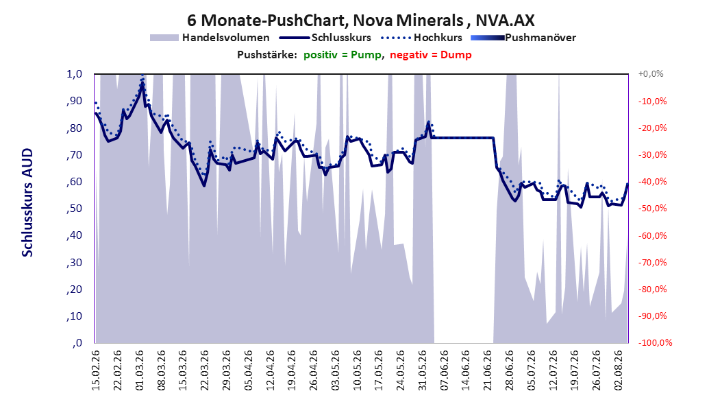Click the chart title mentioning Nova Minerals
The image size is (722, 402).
tap(360, 21)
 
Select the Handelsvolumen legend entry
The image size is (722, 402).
tap(210, 38)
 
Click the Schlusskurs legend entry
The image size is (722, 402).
tap(325, 38)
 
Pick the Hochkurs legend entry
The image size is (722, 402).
tap(422, 38)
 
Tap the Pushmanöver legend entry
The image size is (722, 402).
tap(523, 38)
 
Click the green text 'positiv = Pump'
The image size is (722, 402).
tap(342, 55)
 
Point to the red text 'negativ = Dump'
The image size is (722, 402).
tap(431, 55)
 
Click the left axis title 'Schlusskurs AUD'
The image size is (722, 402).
tap(27, 203)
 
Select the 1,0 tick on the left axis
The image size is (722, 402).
tap(74, 74)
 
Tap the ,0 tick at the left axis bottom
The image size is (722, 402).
tap(77, 343)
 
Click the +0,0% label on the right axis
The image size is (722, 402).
tap(651, 74)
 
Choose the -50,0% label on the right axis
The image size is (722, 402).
tap(652, 209)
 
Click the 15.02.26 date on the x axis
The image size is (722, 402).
tap(96, 370)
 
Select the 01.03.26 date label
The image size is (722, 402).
tap(140, 370)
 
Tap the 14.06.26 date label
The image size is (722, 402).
tap(466, 370)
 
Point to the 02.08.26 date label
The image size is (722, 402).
tap(619, 370)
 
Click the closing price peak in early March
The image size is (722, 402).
tap(142, 85)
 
